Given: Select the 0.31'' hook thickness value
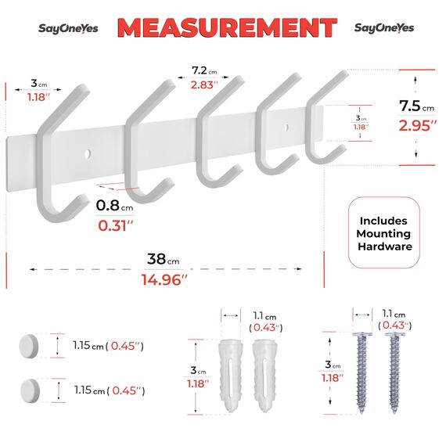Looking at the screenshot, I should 113,225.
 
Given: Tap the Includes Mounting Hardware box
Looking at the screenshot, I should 384,234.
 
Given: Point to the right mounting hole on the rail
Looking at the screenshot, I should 286,126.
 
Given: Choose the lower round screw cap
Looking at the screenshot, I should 29,388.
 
